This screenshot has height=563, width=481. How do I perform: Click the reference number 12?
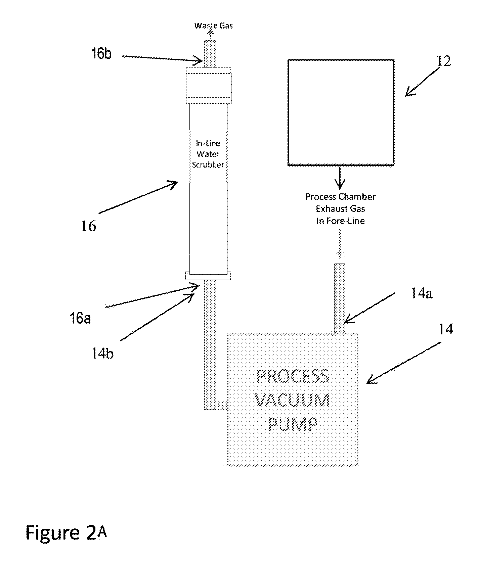coord(444,61)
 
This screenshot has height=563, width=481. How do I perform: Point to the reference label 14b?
coord(102,354)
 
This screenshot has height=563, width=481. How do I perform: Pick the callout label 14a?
coord(422,293)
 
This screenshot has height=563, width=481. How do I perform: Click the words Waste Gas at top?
coord(214,26)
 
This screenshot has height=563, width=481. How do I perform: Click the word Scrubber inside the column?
coord(208,165)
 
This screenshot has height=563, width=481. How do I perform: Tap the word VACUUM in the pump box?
coord(292,400)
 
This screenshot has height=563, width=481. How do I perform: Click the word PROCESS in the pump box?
coord(293,376)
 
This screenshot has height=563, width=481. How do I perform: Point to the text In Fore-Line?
coord(340,221)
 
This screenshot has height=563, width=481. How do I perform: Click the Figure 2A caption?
coord(67,533)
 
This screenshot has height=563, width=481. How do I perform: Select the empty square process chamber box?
coord(341,112)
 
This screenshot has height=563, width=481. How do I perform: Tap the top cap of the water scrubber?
coord(208,86)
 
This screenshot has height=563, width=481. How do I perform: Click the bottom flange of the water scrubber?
coord(208,276)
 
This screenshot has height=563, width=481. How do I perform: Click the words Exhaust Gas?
coord(340,209)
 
